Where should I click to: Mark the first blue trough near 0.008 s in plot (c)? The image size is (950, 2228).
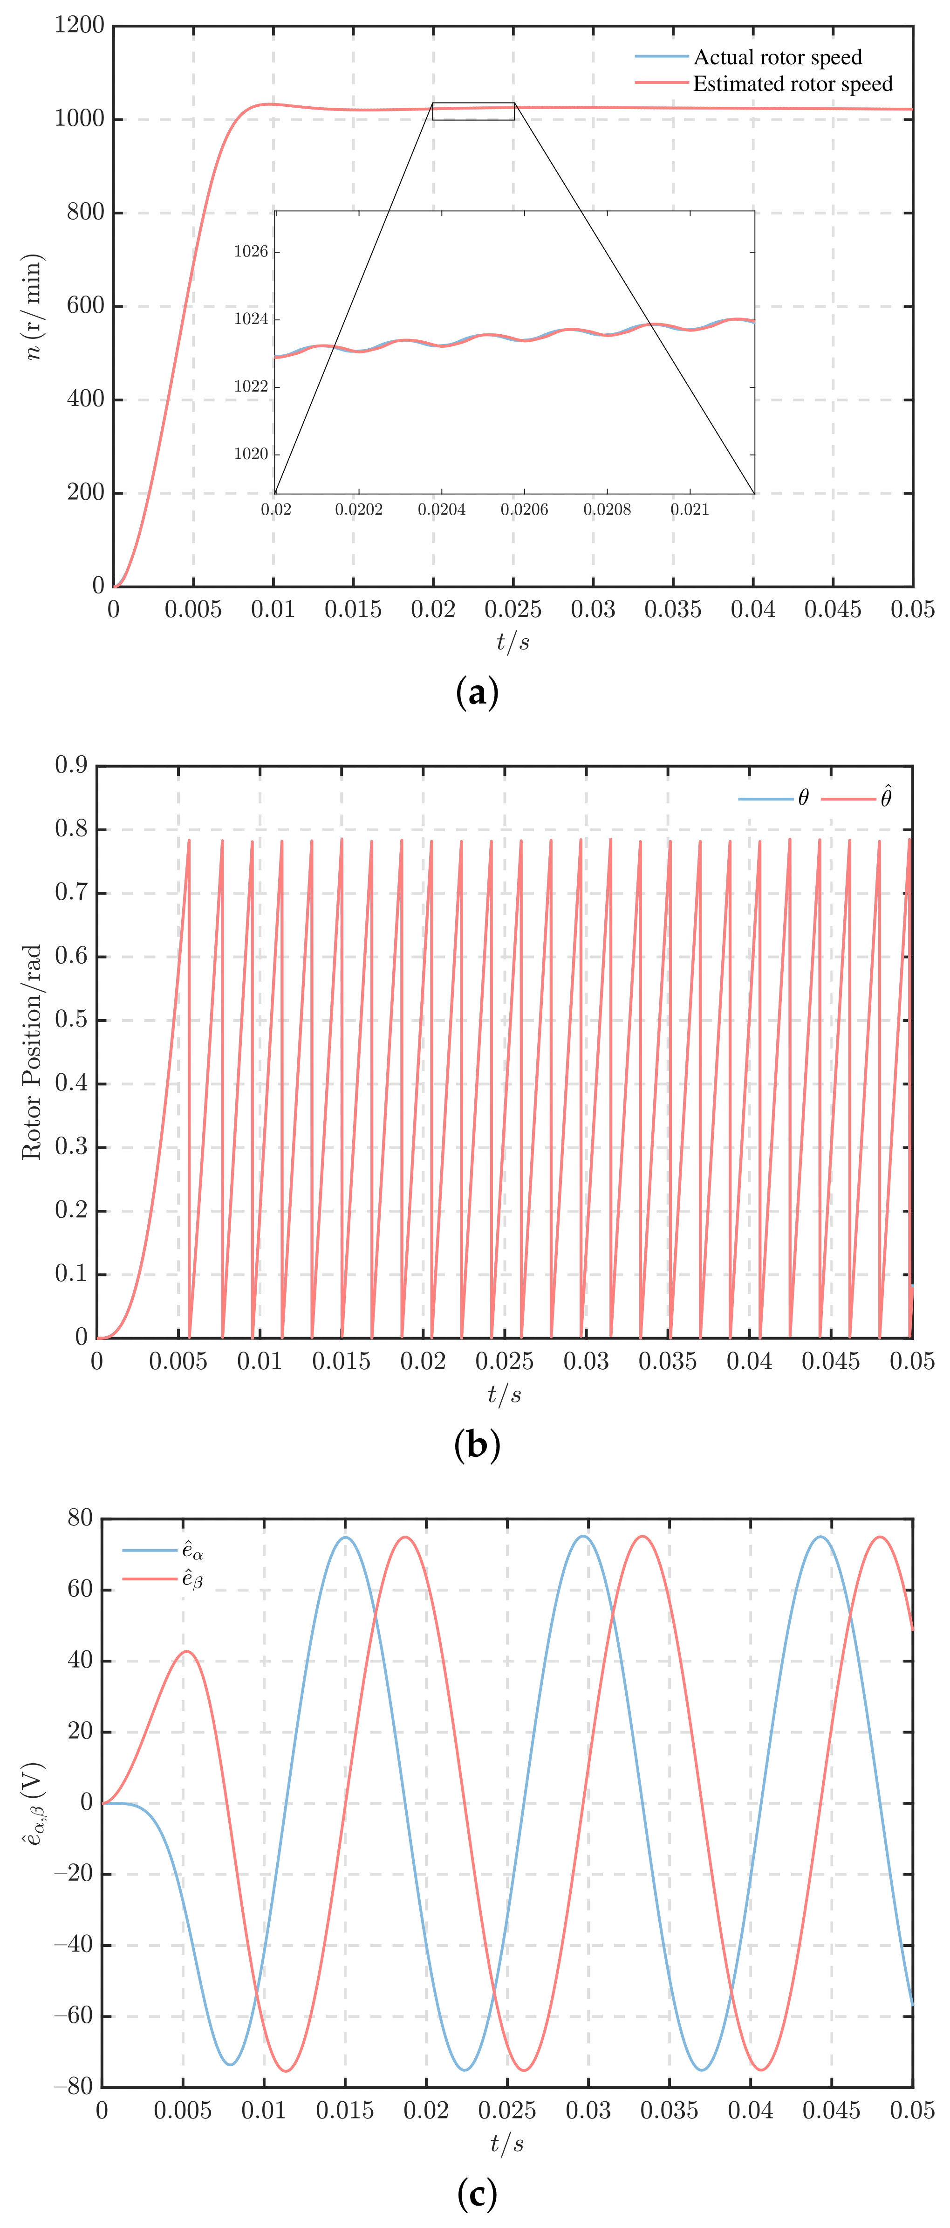click(231, 2064)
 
